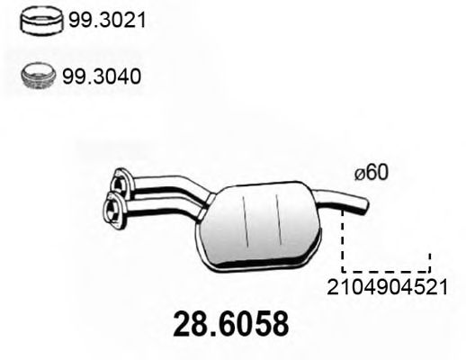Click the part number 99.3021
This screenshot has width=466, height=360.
pos(107,20)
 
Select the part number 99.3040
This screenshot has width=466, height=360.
pos(102,76)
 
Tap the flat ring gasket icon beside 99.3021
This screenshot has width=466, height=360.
pos(41,21)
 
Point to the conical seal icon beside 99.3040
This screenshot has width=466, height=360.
pos(38,76)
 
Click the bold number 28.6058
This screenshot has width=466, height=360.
pos(231,324)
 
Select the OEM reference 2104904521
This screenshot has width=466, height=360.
pos(387,287)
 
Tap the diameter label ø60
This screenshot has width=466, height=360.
pos(372,173)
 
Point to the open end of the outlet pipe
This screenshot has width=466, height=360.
pos(365,206)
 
